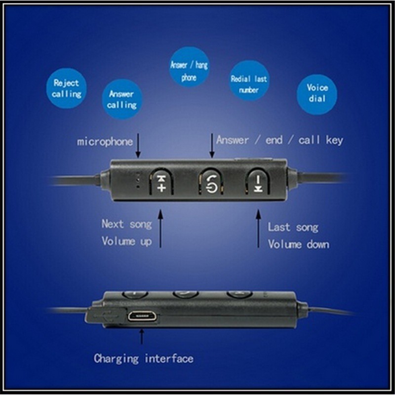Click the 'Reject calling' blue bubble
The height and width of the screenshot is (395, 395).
67,88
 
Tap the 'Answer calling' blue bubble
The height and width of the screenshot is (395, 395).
121,99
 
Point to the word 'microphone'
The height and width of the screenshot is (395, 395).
105,142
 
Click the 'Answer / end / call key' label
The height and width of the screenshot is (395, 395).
279,140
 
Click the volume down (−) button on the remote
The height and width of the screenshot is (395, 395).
258,182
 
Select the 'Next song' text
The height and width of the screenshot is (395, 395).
126,224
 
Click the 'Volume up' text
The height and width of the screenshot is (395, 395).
126,241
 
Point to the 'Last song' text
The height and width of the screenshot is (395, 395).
293,227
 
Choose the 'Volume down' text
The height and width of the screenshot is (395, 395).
298,244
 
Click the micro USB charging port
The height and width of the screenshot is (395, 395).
142,316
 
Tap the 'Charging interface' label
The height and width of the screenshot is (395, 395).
143,358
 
